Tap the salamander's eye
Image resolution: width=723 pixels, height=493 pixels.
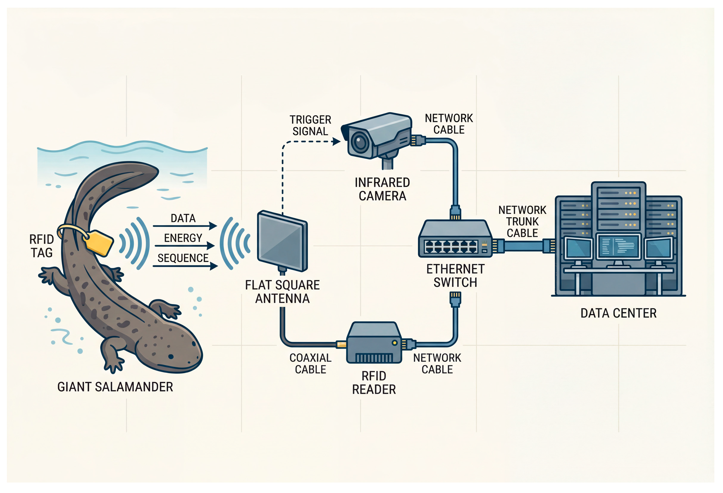click(x=171, y=356)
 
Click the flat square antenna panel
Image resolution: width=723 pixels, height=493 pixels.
click(x=282, y=242)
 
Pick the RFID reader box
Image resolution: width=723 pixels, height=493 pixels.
click(x=374, y=343)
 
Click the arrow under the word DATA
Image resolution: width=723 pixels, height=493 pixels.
click(x=185, y=226)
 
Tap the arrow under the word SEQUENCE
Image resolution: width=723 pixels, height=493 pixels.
click(x=185, y=266)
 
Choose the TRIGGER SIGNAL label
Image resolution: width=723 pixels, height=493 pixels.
click(x=310, y=125)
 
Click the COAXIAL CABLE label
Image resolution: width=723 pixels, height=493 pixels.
click(x=310, y=363)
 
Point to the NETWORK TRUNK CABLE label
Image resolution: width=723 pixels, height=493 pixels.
click(x=522, y=221)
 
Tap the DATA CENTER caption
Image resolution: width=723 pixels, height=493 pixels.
click(x=618, y=313)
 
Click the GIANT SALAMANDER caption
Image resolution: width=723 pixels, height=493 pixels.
click(x=115, y=387)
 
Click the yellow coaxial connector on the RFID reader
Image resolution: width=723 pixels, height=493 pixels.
click(x=341, y=345)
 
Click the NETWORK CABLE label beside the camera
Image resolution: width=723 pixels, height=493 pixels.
click(x=449, y=124)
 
